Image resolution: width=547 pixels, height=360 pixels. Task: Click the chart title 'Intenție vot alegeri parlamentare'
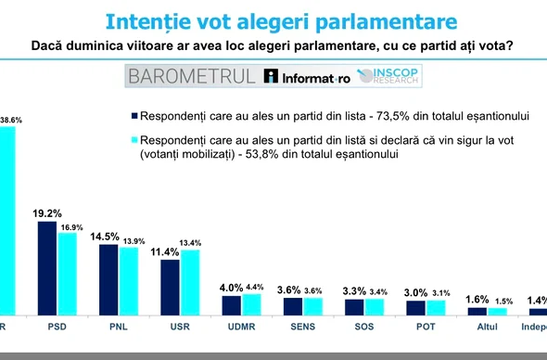pos(273,20)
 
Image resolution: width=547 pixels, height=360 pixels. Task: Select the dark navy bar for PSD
pos(47,268)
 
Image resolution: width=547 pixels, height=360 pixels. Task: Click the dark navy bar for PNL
pos(108,280)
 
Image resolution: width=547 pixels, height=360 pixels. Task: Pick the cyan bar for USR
pos(190,283)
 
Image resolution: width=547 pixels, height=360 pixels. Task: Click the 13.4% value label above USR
pos(191,243)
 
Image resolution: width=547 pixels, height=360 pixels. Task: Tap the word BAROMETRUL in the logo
pos(191,76)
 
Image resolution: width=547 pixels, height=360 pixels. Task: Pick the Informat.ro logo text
pos(308,77)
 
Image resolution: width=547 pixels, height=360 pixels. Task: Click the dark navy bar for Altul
pos(477,311)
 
